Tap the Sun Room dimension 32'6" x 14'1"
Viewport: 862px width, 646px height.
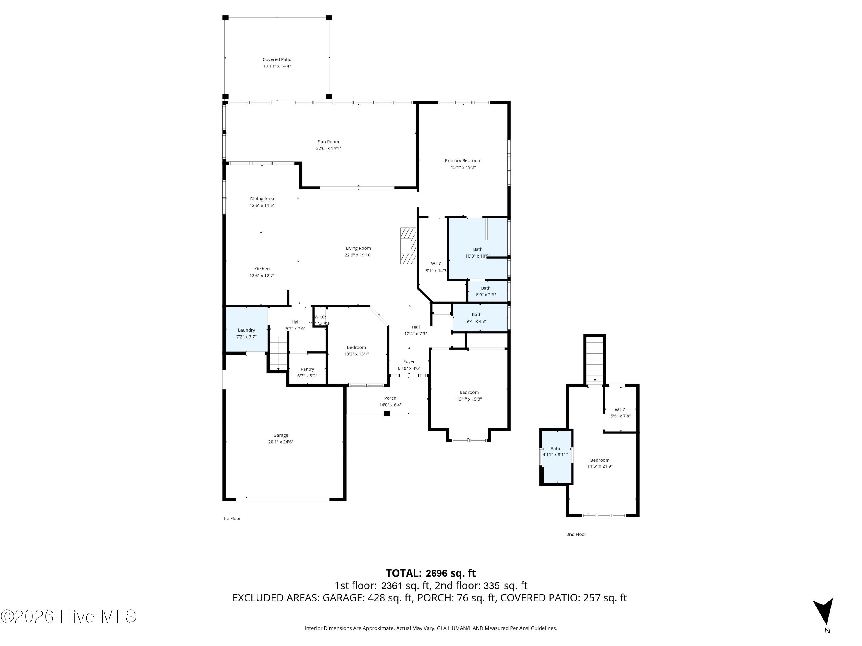[x=328, y=148]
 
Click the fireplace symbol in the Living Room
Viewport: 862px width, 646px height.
[x=408, y=246]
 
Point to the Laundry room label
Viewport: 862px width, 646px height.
[x=246, y=330]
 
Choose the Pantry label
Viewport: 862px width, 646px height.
[x=307, y=369]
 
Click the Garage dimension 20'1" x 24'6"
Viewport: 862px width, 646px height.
[x=280, y=442]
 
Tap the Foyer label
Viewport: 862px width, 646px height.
[x=409, y=361]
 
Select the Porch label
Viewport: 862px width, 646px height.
[x=390, y=398]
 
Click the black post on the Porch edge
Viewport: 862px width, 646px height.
[x=386, y=413]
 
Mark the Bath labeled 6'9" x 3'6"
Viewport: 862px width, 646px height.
[x=486, y=291]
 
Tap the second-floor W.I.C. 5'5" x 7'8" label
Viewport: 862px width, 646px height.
[x=620, y=410]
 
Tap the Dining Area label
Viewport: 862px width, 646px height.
[x=262, y=199]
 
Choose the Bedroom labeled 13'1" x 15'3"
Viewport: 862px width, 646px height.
[x=469, y=395]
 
